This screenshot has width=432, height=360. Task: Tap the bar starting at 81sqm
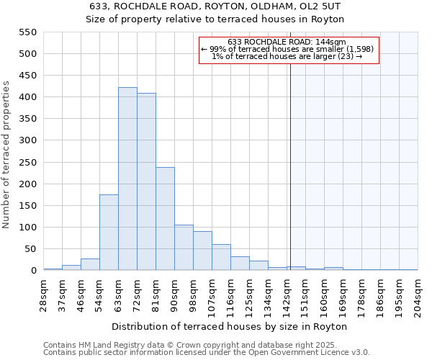(165, 219)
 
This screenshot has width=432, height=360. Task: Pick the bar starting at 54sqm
(109, 233)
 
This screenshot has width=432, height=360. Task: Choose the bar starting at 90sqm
(184, 248)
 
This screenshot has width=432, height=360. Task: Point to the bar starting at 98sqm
(202, 251)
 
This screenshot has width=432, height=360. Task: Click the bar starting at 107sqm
(221, 257)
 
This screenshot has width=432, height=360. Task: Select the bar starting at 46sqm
(90, 264)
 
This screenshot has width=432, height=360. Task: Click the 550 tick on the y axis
(27, 32)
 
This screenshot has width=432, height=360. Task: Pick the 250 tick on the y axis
(27, 163)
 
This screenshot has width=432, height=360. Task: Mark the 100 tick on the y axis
(27, 228)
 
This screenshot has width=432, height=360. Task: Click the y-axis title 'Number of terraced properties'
(7, 155)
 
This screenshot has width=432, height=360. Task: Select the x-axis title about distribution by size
(230, 326)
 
